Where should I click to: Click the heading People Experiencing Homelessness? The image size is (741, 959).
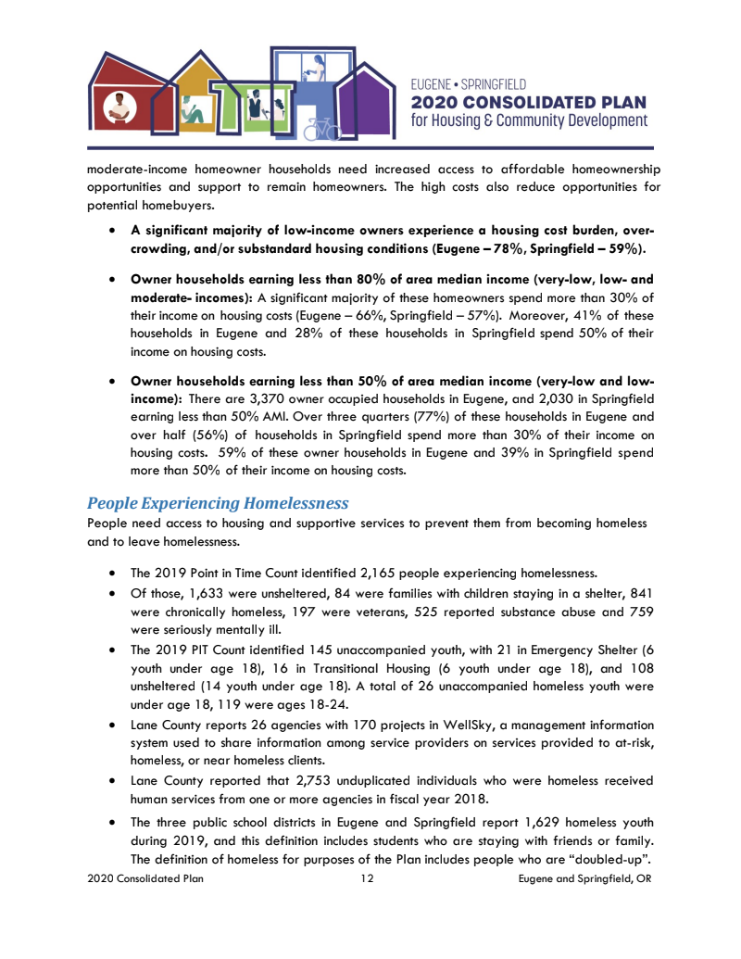pos(218,504)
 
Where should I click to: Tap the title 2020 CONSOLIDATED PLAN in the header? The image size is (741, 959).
pos(529,102)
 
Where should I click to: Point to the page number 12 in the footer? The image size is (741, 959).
pos(367,878)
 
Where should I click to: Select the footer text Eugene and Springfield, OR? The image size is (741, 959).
pos(585,878)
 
